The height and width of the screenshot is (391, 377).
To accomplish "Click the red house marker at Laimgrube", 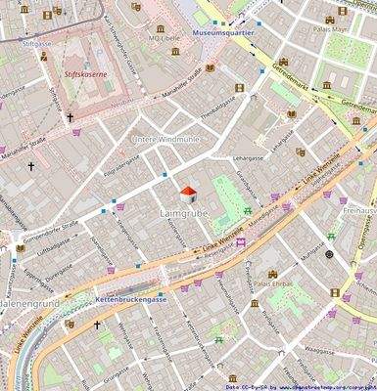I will pyautogui.click(x=186, y=194).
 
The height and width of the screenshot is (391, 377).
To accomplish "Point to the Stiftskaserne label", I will pyautogui.click(x=81, y=70).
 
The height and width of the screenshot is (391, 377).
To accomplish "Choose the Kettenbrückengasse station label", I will pyautogui.click(x=133, y=297).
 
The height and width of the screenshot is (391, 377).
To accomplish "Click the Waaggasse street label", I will pyautogui.click(x=319, y=350).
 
